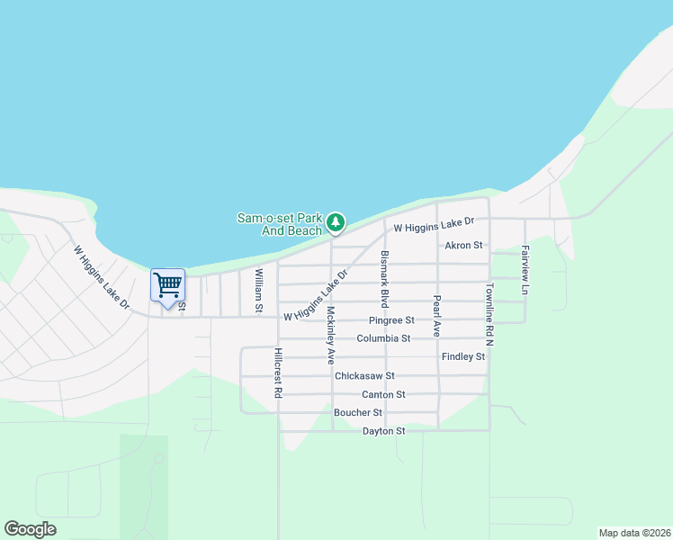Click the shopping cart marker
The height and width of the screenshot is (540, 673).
(167, 287)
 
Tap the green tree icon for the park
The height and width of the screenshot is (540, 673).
(336, 221)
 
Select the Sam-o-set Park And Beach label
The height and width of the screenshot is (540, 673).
(279, 224)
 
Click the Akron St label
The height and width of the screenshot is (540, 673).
(463, 245)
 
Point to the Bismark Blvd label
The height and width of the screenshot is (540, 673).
(384, 278)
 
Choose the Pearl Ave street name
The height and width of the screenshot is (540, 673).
(436, 315)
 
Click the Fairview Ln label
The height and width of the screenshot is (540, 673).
(525, 271)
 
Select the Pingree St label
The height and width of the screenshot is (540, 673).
(390, 320)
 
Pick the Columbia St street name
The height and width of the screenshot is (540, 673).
(382, 338)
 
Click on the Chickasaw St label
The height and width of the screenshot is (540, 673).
(364, 376)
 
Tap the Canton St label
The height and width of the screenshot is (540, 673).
(383, 394)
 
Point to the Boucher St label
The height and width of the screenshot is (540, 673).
(357, 412)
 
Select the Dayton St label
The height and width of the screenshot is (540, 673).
(383, 431)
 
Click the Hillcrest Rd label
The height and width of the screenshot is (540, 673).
(279, 373)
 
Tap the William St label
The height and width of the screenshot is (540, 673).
(258, 291)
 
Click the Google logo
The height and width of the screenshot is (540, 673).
(30, 529)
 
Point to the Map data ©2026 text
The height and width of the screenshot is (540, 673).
(633, 533)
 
